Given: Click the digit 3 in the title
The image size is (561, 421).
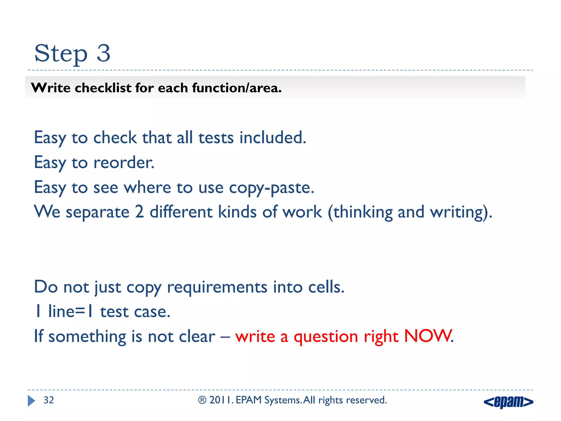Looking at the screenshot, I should (x=104, y=53).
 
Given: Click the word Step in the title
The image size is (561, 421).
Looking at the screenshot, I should (x=61, y=54).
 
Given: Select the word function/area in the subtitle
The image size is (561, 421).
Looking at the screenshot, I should (x=237, y=88).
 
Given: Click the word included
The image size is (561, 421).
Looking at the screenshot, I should (x=273, y=138).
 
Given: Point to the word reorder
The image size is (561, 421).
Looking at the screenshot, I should (x=124, y=163).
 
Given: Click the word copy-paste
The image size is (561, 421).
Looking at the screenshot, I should (x=271, y=188).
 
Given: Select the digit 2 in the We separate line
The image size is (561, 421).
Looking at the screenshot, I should (x=139, y=212).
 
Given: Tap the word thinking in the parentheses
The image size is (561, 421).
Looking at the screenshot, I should (x=363, y=212).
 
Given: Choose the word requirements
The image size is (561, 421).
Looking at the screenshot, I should (x=217, y=287).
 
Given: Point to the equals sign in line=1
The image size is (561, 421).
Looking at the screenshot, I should (x=80, y=312).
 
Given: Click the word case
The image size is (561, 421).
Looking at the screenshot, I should (x=152, y=312).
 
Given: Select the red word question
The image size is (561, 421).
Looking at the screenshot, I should (x=326, y=337).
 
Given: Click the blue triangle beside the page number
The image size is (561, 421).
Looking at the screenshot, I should (x=31, y=401).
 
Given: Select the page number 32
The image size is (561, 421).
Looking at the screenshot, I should (x=49, y=400).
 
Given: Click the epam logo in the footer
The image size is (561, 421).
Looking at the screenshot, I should (x=508, y=402).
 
